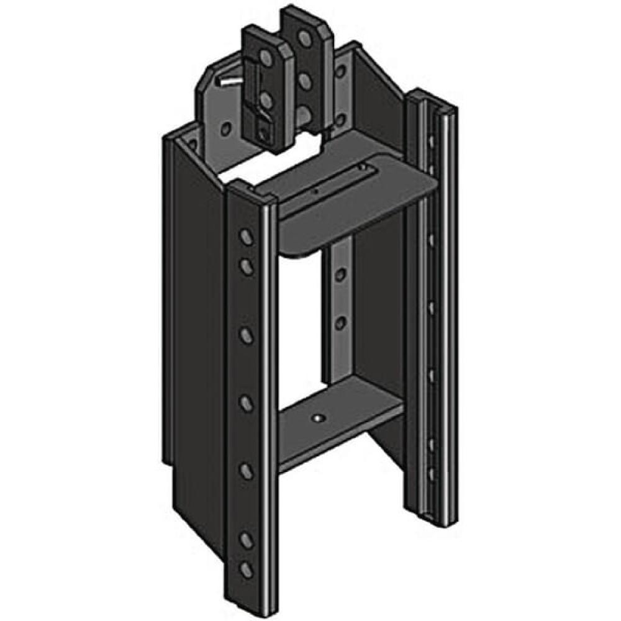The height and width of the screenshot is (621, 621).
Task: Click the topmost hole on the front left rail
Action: [x=247, y=238]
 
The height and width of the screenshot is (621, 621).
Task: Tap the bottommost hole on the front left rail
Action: [x=247, y=568]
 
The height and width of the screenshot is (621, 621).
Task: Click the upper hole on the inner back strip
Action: [x=340, y=273]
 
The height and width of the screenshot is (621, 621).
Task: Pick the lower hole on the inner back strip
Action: [x=340, y=322]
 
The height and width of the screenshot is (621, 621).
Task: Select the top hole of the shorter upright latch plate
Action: [x=265, y=60]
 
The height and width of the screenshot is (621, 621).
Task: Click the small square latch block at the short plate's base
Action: [x=266, y=132]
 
